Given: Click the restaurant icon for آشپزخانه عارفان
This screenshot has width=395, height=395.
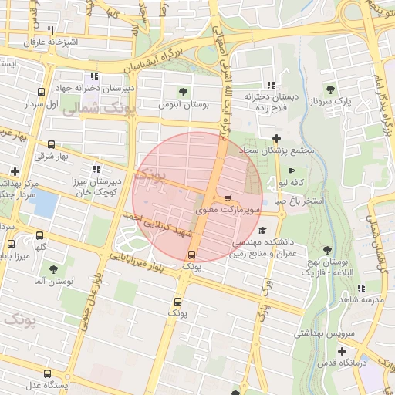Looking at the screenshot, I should [50, 30].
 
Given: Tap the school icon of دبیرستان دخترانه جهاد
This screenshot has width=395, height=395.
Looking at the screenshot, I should [95, 76].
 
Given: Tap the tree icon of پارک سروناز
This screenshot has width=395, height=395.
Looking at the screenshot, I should [331, 89].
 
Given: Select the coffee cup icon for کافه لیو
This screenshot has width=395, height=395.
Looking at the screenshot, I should [291, 170].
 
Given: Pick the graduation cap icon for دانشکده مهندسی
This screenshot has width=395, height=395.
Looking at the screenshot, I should [262, 230].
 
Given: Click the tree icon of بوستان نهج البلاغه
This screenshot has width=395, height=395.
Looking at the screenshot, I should [328, 249].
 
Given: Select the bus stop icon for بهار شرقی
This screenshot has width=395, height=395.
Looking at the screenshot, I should [51, 144].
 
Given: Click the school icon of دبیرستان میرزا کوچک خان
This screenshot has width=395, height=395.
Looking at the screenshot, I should [96, 169].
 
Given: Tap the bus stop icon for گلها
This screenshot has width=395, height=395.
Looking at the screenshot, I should [40, 235].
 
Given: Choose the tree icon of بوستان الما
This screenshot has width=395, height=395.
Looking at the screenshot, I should [53, 269].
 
